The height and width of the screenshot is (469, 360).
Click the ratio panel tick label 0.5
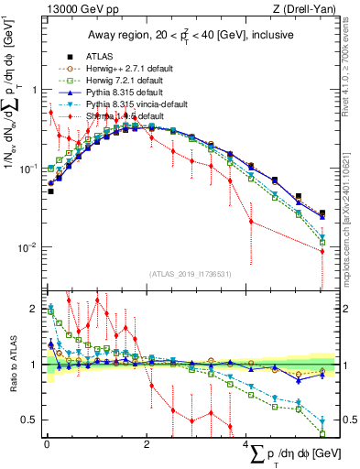31,420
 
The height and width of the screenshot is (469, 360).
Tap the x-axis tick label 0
47,445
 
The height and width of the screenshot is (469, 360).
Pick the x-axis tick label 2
147,445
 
